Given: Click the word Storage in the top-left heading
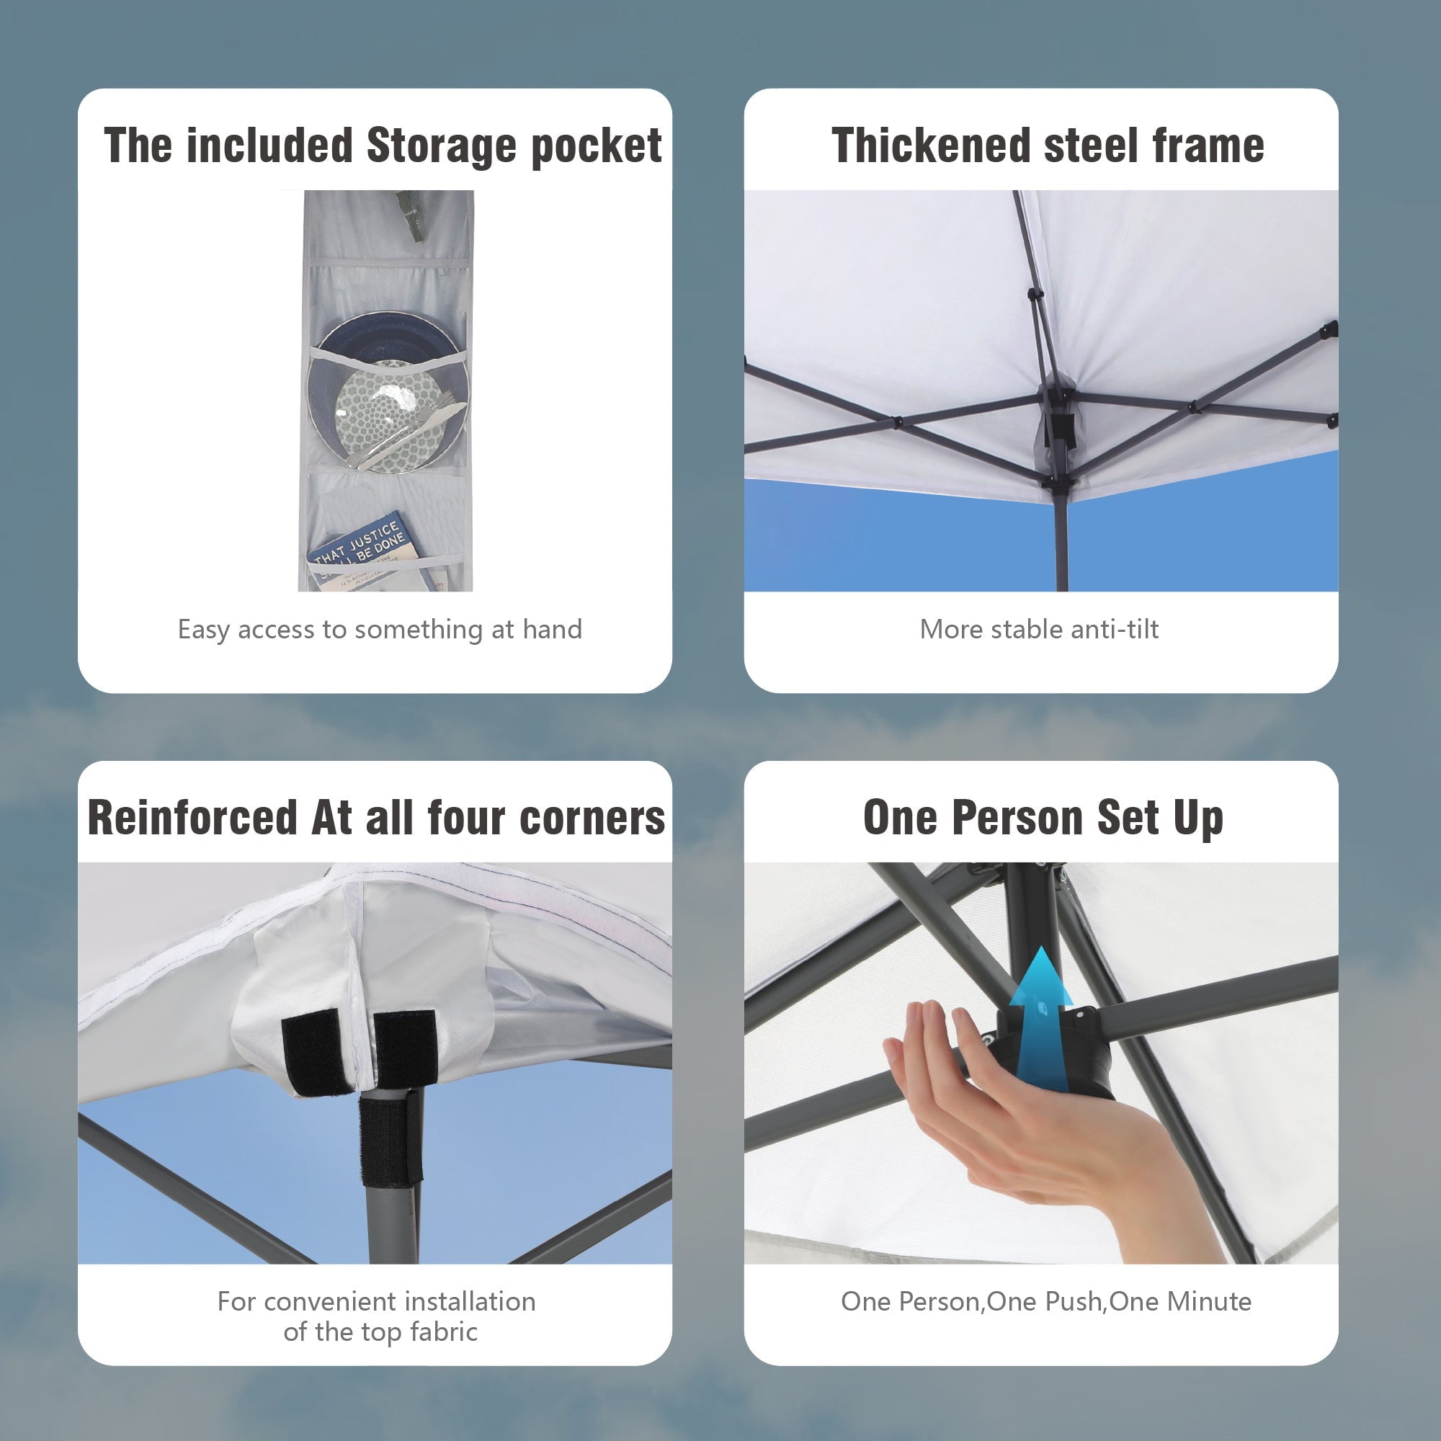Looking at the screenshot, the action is [441, 146].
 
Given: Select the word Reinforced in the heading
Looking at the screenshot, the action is [192, 818].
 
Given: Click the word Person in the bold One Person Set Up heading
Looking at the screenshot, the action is [1019, 818].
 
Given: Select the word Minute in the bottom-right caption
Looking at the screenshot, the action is [1209, 1301].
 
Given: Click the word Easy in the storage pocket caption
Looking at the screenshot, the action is [204, 630].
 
